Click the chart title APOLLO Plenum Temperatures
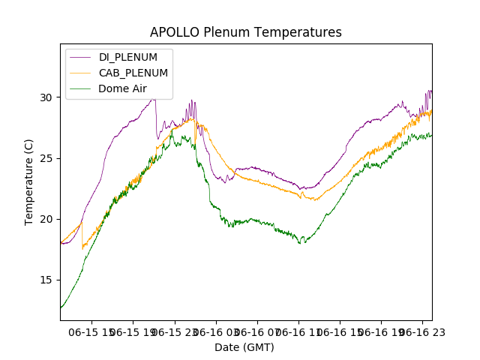coord(245,32)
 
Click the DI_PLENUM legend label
coord(128,57)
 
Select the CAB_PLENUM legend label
coord(133,73)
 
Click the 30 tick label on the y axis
coord(46,97)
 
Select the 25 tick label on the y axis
coord(46,158)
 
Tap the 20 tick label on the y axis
coord(46,219)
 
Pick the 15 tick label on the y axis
coord(46,280)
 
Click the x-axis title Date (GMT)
coord(244,347)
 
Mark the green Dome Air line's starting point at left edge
coord(61,307)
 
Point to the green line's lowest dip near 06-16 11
coord(301,243)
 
